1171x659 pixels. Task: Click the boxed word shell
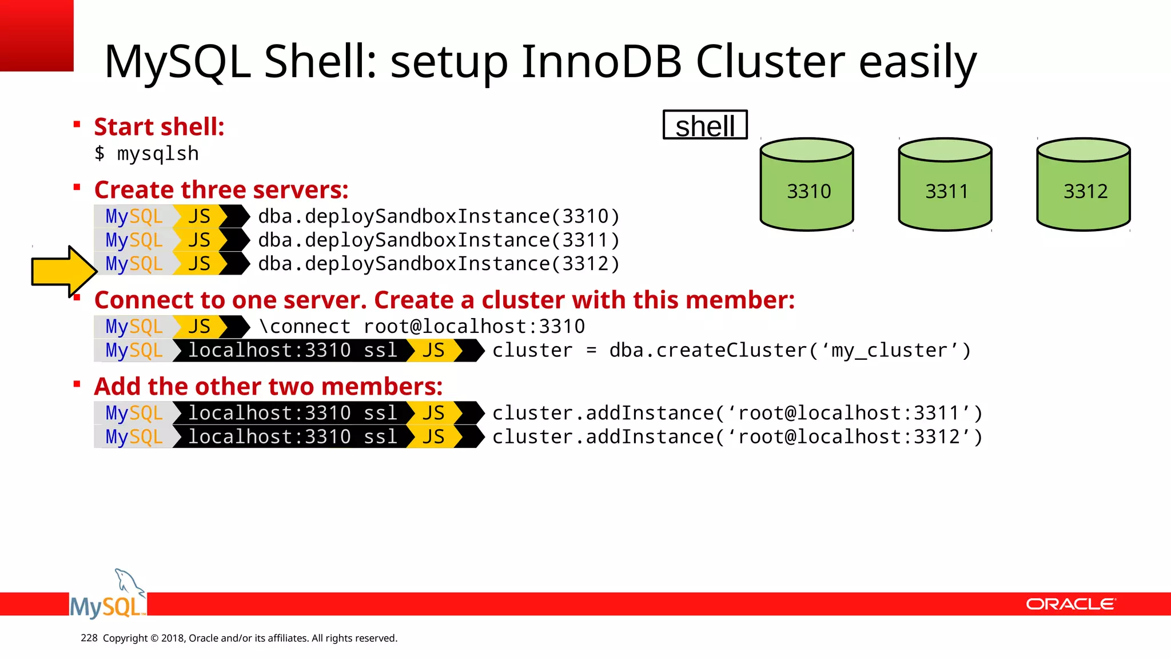coord(705,125)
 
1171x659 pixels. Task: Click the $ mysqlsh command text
coord(147,154)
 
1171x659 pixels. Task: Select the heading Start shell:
coord(159,126)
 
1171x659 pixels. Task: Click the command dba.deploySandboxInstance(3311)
coord(439,240)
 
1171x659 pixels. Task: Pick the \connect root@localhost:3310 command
coord(422,327)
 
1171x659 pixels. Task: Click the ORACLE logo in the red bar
coord(1070,604)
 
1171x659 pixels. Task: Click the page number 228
coord(89,638)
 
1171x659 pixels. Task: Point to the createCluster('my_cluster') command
coord(731,351)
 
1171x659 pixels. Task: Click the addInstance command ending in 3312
coord(737,437)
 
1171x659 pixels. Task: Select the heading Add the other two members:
coord(268,386)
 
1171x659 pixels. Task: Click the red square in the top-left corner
coord(36,35)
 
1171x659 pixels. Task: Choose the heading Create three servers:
coord(221,189)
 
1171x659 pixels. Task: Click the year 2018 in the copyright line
coord(172,638)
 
